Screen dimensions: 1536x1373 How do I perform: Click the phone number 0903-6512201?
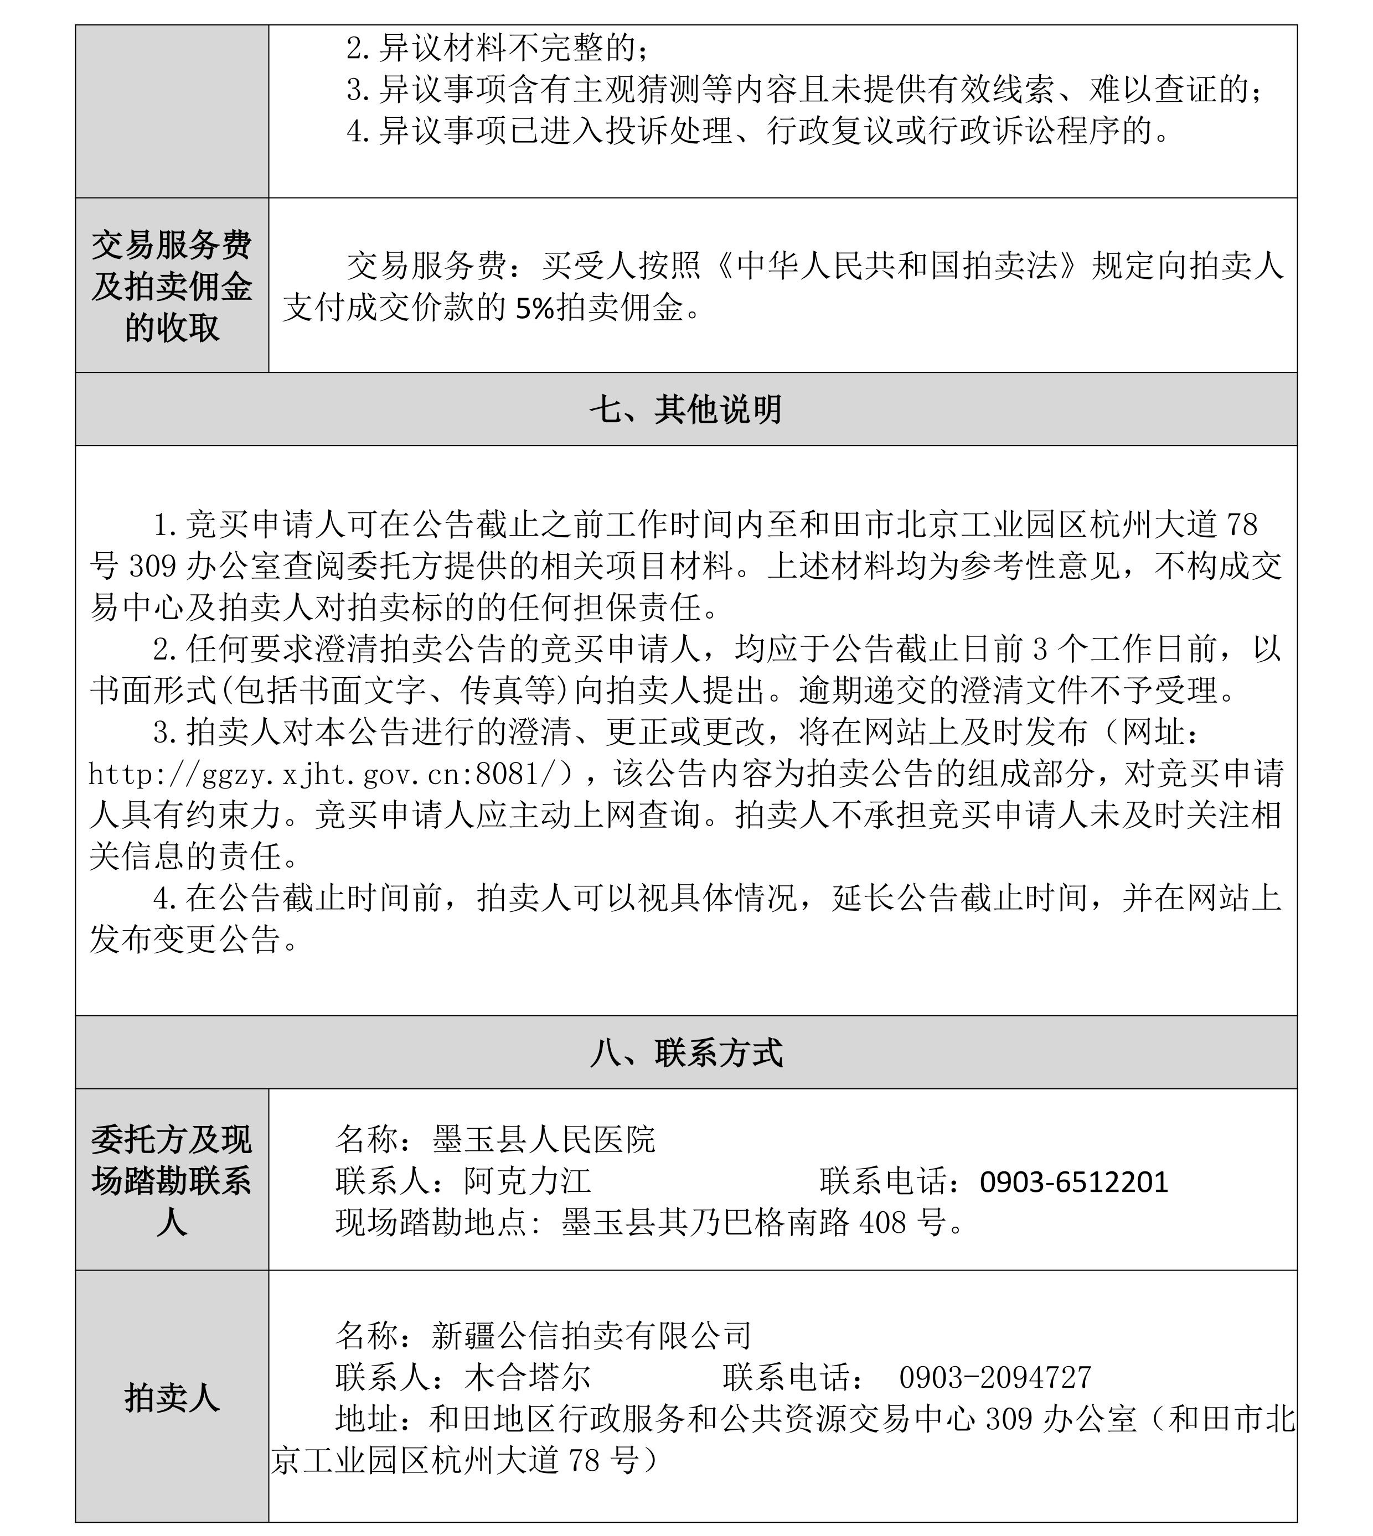pyautogui.click(x=1073, y=1181)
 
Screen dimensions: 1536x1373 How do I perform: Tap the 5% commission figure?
pyautogui.click(x=535, y=308)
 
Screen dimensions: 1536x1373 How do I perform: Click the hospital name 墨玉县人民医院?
pyautogui.click(x=544, y=1139)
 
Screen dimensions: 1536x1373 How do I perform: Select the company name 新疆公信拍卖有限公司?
pyautogui.click(x=592, y=1335)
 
